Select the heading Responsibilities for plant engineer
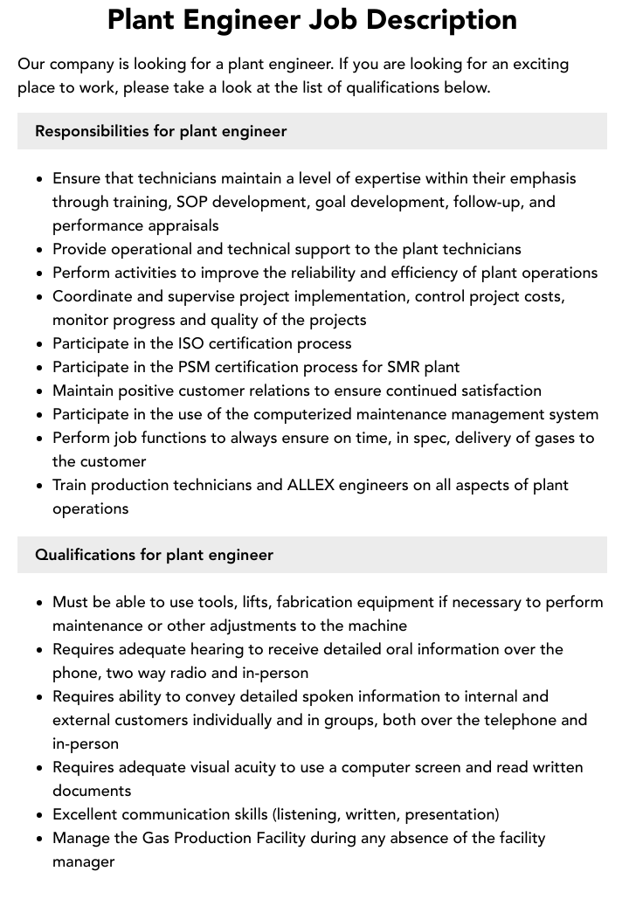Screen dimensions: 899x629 pyautogui.click(x=161, y=131)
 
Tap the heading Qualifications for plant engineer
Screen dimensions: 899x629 pyautogui.click(x=154, y=555)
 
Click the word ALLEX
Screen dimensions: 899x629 pyautogui.click(x=311, y=485)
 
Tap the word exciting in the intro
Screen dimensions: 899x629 pyautogui.click(x=540, y=64)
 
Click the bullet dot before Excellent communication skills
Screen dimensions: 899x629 pyautogui.click(x=40, y=815)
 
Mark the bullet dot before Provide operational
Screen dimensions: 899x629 pyautogui.click(x=40, y=250)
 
